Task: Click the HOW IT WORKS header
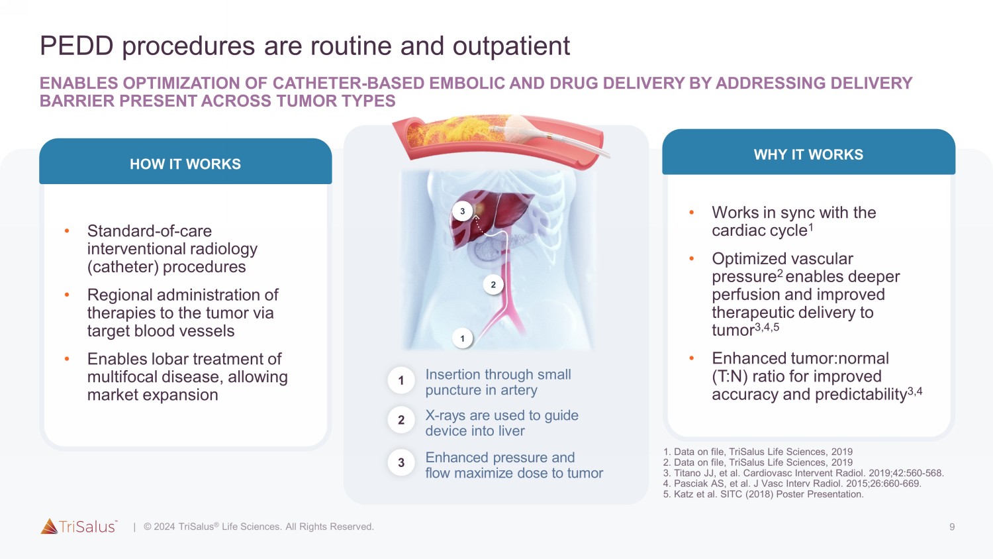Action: (x=185, y=164)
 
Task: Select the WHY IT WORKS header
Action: (x=808, y=154)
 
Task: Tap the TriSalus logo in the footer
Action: (x=79, y=527)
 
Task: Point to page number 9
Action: (x=952, y=527)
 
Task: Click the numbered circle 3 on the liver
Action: (x=462, y=211)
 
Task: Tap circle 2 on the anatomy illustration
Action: (x=493, y=285)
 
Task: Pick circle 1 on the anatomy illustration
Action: (x=462, y=338)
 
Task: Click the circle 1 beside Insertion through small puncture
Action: (x=401, y=381)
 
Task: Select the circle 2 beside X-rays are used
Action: (x=401, y=420)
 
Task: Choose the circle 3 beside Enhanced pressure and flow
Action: (x=401, y=463)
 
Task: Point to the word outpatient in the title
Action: (x=511, y=46)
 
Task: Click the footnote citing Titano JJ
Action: (x=803, y=473)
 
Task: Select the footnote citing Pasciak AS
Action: (x=792, y=483)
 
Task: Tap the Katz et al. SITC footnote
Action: (x=763, y=494)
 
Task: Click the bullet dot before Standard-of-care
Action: (x=67, y=231)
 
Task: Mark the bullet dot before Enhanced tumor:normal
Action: (x=691, y=358)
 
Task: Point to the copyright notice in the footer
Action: (x=259, y=527)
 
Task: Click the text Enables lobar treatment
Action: (x=185, y=359)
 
